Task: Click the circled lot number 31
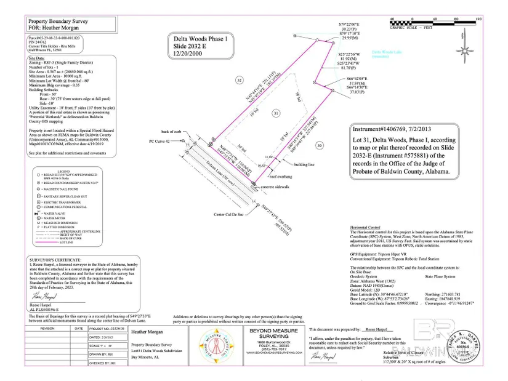pyautogui.click(x=276, y=114)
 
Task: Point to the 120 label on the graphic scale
pyautogui.click(x=478, y=20)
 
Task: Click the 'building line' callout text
pyautogui.click(x=305, y=165)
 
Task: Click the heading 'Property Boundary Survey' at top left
pyautogui.click(x=56, y=21)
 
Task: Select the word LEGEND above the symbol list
pyautogui.click(x=63, y=170)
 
